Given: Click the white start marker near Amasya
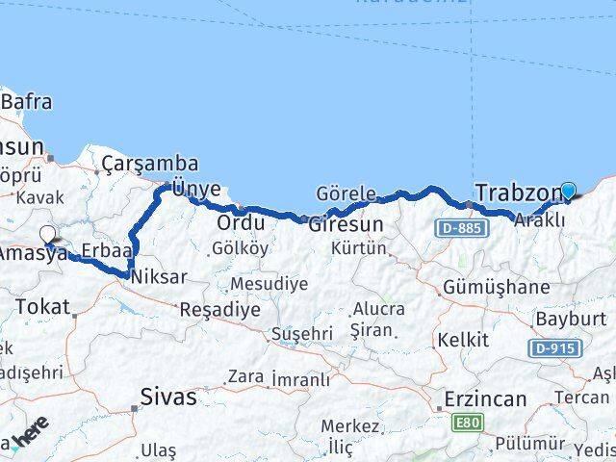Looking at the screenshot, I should coord(48,234).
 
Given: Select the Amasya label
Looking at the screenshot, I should coord(34,253).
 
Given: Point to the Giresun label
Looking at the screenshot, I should coord(346,224).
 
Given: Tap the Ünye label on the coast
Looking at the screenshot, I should coord(196,189).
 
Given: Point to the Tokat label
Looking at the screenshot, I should coord(43,307).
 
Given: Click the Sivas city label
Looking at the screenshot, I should coord(168,396).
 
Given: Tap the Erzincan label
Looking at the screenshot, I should coord(485,398).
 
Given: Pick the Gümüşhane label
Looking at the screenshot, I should coord(497,287).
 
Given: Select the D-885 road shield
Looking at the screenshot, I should coord(458,228).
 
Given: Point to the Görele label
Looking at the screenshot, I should coord(346,193).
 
